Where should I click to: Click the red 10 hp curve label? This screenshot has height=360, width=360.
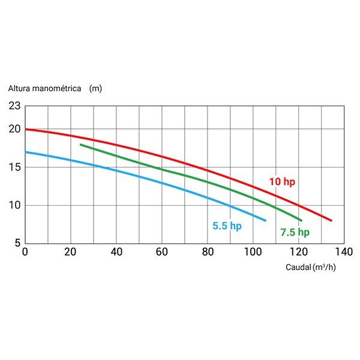(281, 181)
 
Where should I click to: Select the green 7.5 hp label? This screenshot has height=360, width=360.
(295, 232)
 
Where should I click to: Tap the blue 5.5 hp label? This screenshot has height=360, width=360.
(227, 226)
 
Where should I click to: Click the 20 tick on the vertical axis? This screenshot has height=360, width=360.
(14, 129)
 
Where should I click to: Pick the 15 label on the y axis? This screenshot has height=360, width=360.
(14, 167)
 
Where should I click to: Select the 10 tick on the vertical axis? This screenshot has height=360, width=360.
(14, 205)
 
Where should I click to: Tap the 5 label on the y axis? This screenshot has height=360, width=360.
(17, 243)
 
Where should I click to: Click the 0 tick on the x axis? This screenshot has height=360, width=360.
(25, 251)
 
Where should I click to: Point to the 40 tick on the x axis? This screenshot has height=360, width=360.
(116, 251)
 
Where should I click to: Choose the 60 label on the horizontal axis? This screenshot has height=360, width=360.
(161, 251)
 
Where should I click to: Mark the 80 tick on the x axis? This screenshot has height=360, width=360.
(207, 251)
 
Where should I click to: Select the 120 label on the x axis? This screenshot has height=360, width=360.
(298, 251)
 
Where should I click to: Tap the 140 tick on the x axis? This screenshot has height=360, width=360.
(343, 251)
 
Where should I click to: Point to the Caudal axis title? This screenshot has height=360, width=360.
(299, 267)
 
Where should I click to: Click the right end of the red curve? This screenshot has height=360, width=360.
(331, 221)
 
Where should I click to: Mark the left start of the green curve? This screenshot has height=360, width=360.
(80, 145)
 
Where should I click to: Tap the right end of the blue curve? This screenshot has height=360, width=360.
(265, 221)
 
